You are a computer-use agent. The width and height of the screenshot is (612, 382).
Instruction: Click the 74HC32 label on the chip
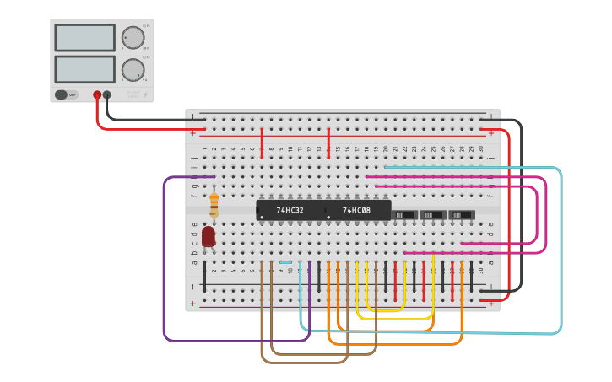(x=290, y=210)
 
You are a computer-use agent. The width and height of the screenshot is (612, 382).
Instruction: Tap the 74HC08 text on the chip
(x=356, y=210)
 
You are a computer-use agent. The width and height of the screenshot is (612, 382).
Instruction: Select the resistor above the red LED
(x=214, y=203)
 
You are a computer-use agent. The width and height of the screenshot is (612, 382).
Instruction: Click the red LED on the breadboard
(x=209, y=236)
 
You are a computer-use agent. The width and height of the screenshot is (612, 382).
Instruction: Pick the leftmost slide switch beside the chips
(x=405, y=215)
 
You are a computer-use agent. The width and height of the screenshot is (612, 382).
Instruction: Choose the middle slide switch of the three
(x=433, y=215)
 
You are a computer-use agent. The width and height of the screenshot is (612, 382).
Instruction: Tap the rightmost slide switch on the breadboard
(x=461, y=215)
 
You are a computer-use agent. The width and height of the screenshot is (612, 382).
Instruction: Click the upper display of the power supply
(x=84, y=38)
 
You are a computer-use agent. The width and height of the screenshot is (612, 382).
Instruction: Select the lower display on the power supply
(x=84, y=69)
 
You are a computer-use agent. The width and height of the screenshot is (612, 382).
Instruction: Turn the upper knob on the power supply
(x=133, y=38)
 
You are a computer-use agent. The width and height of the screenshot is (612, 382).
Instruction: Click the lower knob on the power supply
(x=133, y=69)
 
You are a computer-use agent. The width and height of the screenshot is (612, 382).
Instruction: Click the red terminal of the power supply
(x=97, y=95)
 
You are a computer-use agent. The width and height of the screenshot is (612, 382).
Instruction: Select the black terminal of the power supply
(x=107, y=95)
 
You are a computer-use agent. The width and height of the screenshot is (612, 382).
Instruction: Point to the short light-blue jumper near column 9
(x=285, y=262)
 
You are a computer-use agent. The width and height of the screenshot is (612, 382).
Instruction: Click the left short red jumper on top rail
(x=262, y=143)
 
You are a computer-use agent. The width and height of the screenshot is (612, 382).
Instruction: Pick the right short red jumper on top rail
(x=328, y=143)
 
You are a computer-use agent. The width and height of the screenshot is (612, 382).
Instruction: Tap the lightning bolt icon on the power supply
(x=144, y=94)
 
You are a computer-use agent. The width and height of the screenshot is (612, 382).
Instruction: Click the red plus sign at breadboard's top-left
(x=193, y=132)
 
